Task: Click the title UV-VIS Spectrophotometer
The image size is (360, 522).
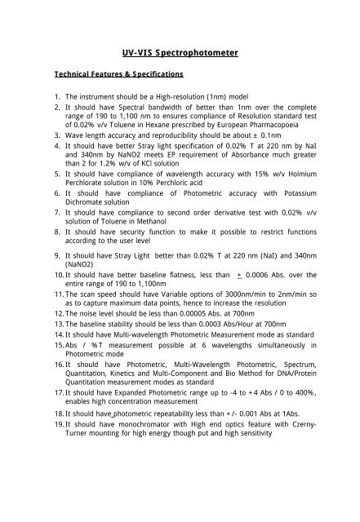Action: [180, 52]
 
